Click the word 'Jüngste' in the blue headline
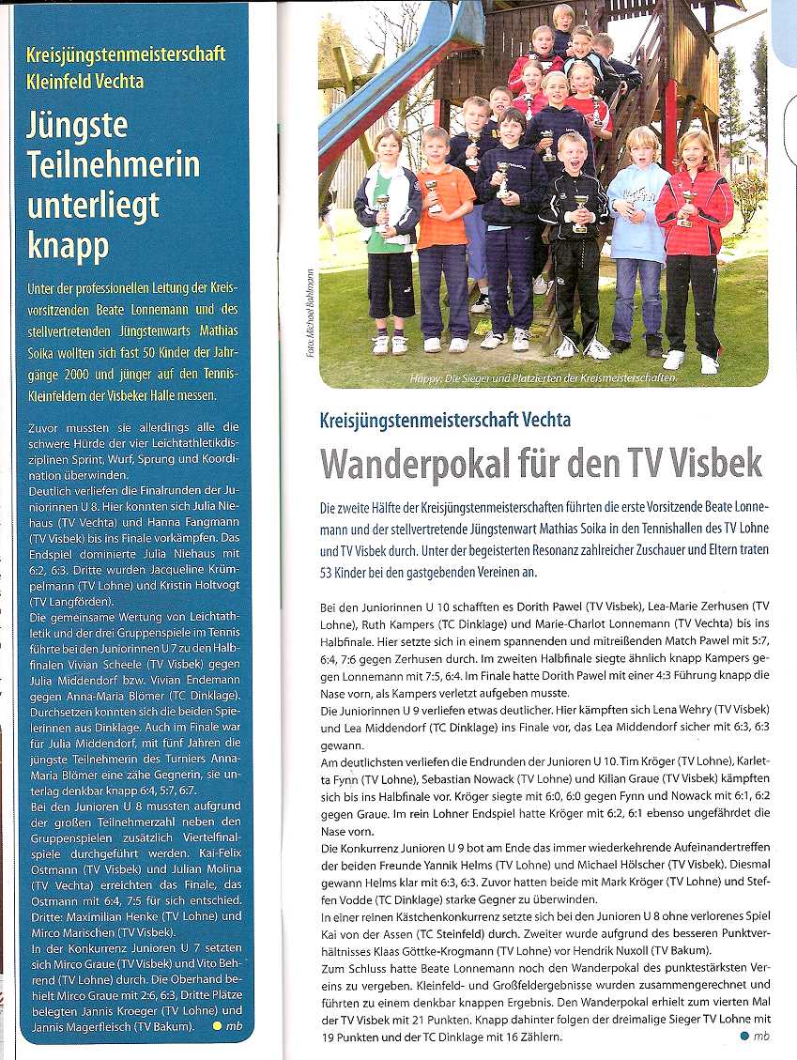pos(77,127)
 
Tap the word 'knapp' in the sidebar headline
pos(68,246)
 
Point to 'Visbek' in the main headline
pos(711,464)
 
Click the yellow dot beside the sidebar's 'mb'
pos(217,1026)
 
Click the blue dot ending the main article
pos(744,1037)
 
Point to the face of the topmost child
pos(562,17)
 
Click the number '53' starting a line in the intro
pos(328,573)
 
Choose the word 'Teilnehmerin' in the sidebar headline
pos(113,165)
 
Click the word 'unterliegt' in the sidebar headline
pos(92,206)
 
